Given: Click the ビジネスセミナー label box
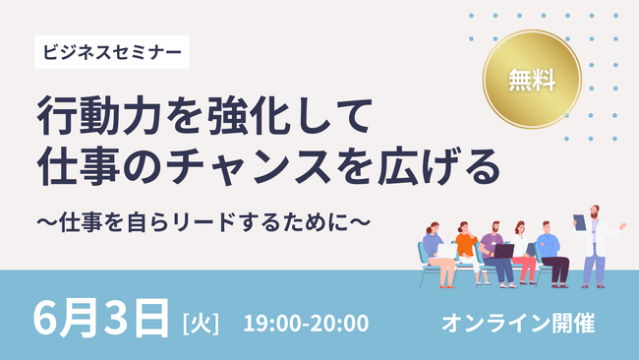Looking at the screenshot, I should pos(112,50).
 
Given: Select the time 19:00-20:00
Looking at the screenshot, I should pos(306,322).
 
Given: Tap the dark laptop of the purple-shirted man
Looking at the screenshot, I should pos(503,251).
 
